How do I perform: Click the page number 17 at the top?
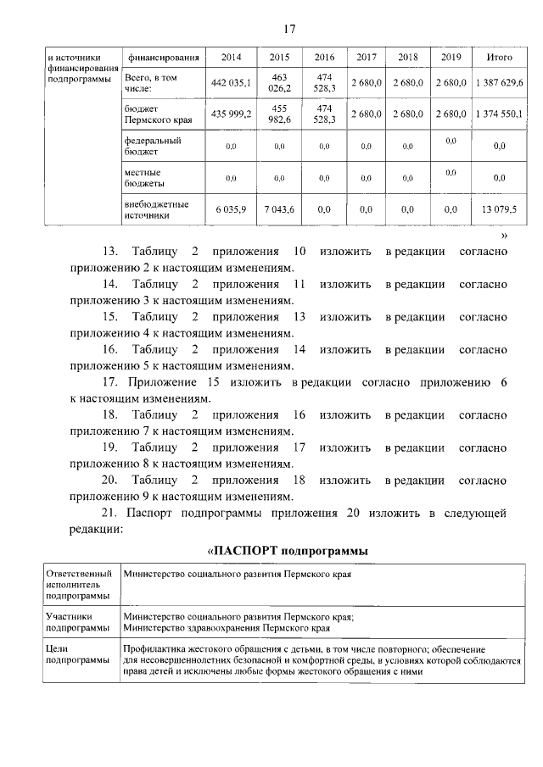pyautogui.click(x=288, y=30)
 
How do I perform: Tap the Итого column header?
pyautogui.click(x=499, y=58)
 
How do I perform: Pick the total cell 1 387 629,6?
pyautogui.click(x=499, y=82)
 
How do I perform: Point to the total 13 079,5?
pyautogui.click(x=499, y=209)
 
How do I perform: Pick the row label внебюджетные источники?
pyautogui.click(x=156, y=209)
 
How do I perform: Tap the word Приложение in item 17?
pyautogui.click(x=162, y=382)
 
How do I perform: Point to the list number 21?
pyautogui.click(x=109, y=513)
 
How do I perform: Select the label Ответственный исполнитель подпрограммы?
pyautogui.click(x=78, y=586)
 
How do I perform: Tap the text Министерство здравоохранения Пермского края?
pyautogui.click(x=226, y=629)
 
